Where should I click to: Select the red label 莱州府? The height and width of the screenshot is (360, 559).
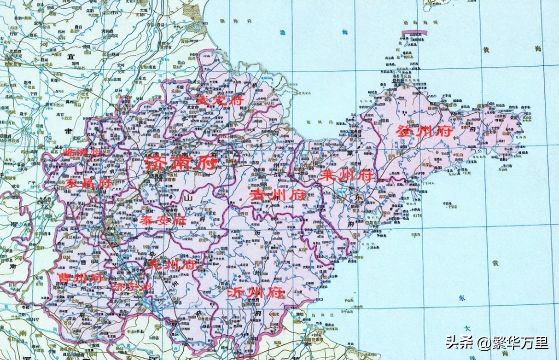click(347, 175)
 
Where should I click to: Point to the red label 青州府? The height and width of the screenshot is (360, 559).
click(278, 194)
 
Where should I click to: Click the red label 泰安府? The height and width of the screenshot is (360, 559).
click(163, 220)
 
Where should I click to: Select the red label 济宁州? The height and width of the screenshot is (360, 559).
click(132, 286)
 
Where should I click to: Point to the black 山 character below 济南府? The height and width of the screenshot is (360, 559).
click(187, 198)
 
